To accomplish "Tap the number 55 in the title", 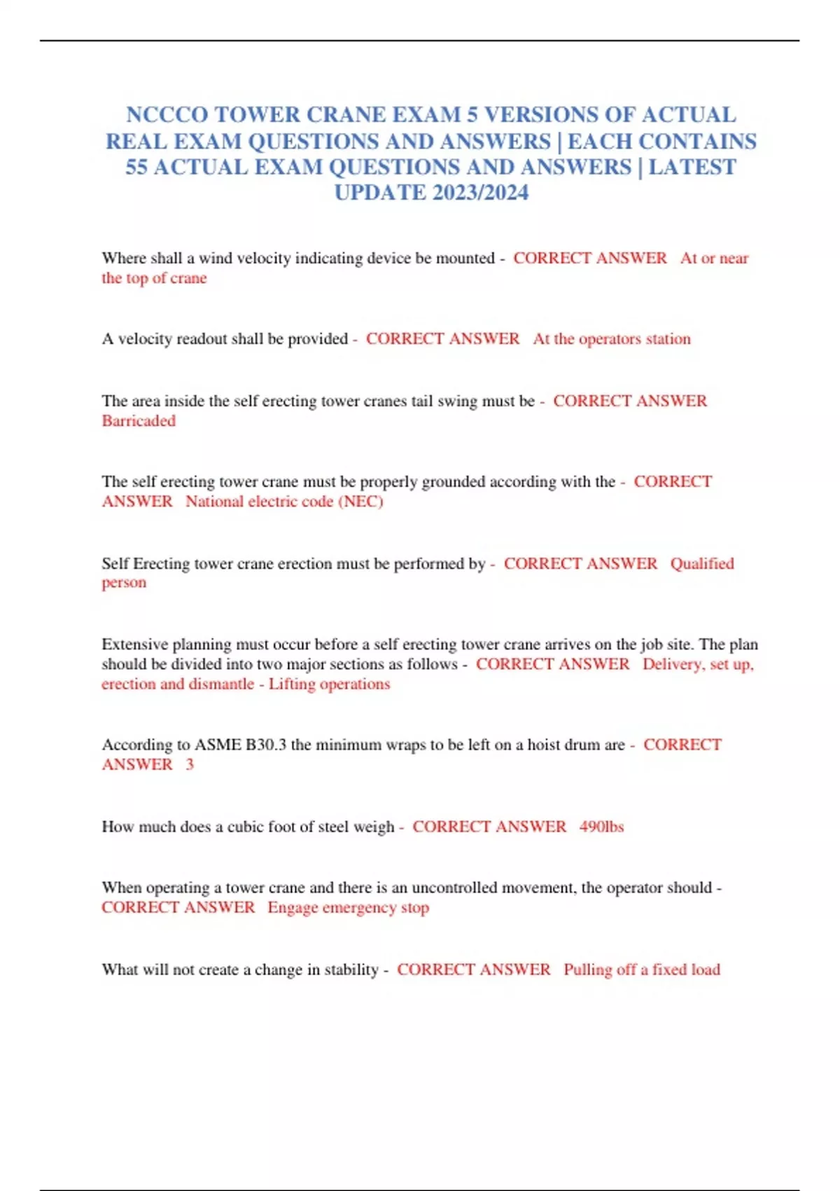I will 136,167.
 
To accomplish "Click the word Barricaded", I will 139,421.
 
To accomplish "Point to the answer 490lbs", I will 601,827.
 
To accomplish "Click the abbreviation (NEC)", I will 360,502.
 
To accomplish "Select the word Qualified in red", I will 702,563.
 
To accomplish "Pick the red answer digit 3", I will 190,764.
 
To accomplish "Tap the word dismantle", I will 220,684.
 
